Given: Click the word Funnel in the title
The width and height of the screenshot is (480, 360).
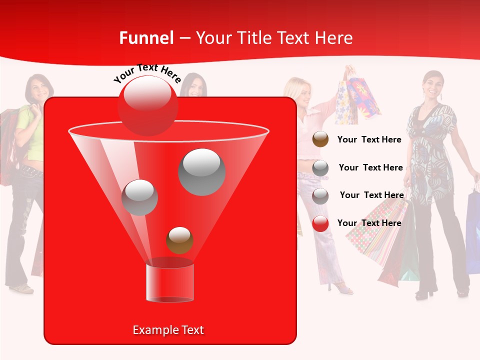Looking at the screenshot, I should [146, 38].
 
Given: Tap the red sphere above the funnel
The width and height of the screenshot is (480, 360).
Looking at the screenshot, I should [147, 105].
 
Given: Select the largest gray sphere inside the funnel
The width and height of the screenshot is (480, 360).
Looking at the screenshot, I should [201, 172].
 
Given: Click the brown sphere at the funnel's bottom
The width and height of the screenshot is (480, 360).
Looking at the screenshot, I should [179, 240].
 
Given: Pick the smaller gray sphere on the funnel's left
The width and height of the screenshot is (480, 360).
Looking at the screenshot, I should [139, 197].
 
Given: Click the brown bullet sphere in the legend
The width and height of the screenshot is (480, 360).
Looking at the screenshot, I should [320, 139].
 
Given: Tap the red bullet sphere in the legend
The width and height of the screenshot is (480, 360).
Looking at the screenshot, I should [320, 223].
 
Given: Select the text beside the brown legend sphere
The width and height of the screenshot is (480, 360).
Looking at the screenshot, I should [369, 139].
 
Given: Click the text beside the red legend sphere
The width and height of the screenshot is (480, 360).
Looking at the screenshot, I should [369, 223].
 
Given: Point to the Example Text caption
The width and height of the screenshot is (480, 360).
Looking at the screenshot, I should [168, 330].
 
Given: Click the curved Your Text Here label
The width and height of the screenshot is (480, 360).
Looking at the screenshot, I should [147, 73].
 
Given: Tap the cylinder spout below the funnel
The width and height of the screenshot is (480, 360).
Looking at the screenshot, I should [169, 282].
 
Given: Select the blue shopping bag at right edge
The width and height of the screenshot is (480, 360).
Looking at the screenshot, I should [472, 230].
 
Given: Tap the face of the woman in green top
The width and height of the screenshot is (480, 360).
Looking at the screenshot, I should [40, 88].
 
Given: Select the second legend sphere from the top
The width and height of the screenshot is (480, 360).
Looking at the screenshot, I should [320, 168].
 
